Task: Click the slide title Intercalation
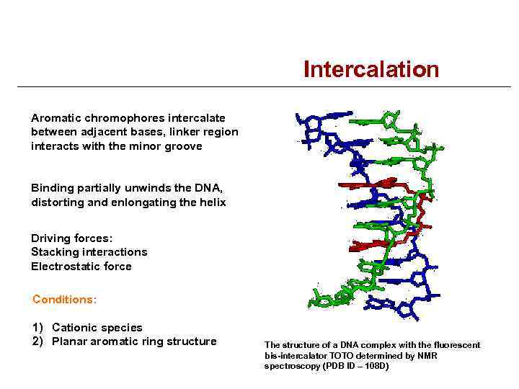pos(371,69)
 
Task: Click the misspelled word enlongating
pos(143,202)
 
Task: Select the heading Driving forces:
pos(72,238)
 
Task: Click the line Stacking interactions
pos(89,252)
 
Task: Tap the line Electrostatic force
pos(81,267)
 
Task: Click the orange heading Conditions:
pos(65,299)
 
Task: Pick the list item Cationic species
pos(97,327)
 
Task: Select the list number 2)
pos(38,341)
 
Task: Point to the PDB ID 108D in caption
pos(375,367)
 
